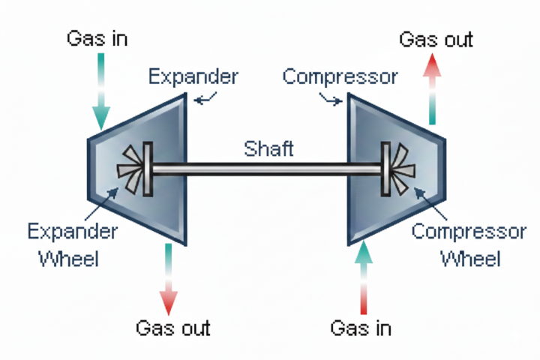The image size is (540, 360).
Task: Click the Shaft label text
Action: pyautogui.click(x=268, y=148)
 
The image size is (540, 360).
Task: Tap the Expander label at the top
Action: pyautogui.click(x=193, y=76)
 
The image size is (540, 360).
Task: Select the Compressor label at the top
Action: pyautogui.click(x=340, y=76)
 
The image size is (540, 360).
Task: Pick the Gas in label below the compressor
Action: pyautogui.click(x=361, y=328)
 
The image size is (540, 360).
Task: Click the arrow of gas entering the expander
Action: pyautogui.click(x=100, y=93)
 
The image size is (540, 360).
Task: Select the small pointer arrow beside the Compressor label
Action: pyautogui.click(x=330, y=97)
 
